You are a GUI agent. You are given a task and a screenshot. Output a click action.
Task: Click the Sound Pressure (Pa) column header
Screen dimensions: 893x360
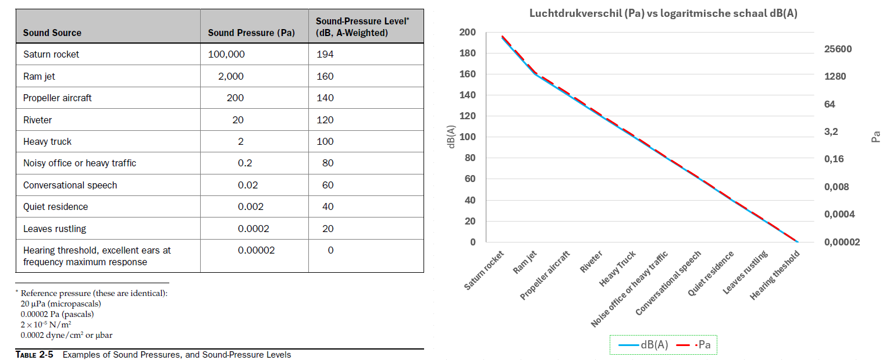pyautogui.click(x=251, y=33)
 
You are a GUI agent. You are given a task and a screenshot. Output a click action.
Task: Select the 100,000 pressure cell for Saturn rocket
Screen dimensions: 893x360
pyautogui.click(x=226, y=54)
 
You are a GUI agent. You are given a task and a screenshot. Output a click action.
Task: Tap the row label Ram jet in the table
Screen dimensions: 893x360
pyautogui.click(x=39, y=76)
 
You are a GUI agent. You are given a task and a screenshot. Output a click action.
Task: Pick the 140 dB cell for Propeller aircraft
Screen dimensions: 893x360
pyautogui.click(x=325, y=98)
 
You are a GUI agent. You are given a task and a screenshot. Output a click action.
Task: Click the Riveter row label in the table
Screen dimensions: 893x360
pyautogui.click(x=37, y=120)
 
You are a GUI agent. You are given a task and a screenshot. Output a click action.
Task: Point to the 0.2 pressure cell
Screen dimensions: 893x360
pyautogui.click(x=245, y=163)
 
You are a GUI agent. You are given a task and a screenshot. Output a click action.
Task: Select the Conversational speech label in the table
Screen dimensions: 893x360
pyautogui.click(x=70, y=185)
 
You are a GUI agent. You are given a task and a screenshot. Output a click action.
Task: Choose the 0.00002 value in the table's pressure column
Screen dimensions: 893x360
pyautogui.click(x=257, y=250)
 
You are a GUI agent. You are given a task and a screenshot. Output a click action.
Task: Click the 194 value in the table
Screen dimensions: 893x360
pyautogui.click(x=325, y=54)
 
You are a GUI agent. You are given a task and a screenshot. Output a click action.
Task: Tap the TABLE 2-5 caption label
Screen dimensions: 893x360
pyautogui.click(x=34, y=354)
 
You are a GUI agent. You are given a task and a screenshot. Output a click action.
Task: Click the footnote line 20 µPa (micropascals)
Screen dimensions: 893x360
pyautogui.click(x=61, y=304)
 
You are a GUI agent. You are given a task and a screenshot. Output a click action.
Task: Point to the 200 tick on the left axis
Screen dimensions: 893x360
pyautogui.click(x=467, y=33)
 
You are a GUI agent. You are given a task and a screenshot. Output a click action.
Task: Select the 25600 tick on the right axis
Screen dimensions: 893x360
pyautogui.click(x=838, y=49)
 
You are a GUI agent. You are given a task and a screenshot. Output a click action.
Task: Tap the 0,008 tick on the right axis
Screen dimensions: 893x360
pyautogui.click(x=837, y=187)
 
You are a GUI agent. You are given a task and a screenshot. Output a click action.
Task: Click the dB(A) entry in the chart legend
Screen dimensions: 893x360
pyautogui.click(x=643, y=345)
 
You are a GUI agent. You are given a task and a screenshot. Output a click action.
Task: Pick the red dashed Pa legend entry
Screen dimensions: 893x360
pyautogui.click(x=693, y=345)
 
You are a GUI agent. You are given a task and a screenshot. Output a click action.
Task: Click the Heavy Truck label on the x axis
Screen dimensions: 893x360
pyautogui.click(x=617, y=269)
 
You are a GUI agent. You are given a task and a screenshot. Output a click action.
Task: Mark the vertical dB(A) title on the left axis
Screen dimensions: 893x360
pyautogui.click(x=451, y=137)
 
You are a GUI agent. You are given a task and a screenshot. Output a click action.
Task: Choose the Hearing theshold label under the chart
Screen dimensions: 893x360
pyautogui.click(x=774, y=275)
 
